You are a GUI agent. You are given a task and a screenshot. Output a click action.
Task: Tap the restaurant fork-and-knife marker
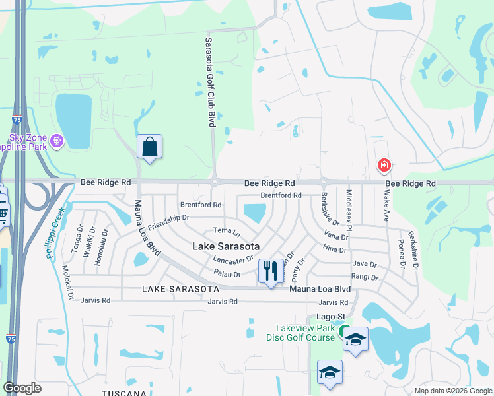269,271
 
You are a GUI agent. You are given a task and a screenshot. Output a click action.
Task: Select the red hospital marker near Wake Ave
383,165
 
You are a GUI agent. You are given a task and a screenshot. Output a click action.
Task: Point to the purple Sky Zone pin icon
57,140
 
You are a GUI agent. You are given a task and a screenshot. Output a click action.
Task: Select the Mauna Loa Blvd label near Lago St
320,289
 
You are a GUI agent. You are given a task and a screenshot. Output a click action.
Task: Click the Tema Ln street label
227,230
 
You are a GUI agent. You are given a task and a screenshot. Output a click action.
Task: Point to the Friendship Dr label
168,222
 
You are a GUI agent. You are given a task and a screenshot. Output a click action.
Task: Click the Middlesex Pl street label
349,209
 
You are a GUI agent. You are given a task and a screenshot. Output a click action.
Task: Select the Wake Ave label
386,207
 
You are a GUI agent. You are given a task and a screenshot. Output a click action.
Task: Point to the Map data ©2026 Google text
452,391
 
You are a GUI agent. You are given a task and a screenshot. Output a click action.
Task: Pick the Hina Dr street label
335,250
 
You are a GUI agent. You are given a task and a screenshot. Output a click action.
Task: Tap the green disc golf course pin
344,333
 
